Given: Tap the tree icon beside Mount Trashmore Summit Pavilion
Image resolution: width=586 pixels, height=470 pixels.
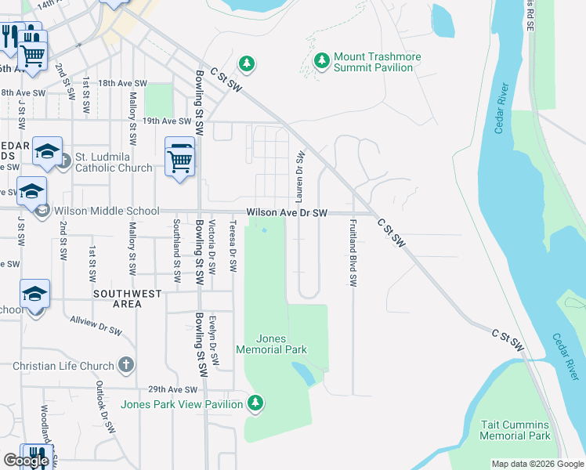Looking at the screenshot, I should click(321, 60).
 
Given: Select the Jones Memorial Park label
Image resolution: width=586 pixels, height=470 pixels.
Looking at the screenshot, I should click(271, 344).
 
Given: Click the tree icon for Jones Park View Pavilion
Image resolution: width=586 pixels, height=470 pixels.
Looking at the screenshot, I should click(254, 403).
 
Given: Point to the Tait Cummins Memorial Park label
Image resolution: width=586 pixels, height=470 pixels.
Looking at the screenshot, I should click(515, 430).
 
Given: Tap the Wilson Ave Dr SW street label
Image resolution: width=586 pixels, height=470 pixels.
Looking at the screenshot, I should click(286, 212).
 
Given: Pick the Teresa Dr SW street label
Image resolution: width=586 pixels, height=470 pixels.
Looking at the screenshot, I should click(233, 246).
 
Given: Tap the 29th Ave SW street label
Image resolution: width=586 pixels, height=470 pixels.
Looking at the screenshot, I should click(174, 389).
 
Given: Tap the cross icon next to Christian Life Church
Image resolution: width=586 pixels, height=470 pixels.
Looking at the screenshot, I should click(126, 366).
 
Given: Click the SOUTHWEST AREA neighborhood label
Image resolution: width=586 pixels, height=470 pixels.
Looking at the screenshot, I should click(126, 299).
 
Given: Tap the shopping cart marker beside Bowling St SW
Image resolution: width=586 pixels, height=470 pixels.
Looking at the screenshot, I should click(180, 161).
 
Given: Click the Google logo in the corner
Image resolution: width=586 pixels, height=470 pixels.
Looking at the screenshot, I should click(26, 461).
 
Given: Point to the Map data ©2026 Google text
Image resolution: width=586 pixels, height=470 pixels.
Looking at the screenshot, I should click(537, 464).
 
